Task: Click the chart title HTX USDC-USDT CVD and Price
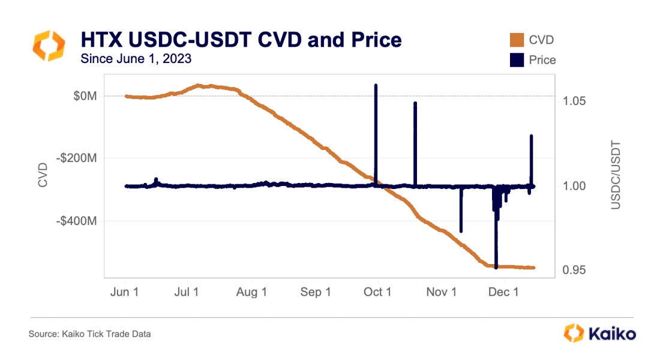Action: [241, 40]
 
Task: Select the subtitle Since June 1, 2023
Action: [136, 59]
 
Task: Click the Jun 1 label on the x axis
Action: [126, 292]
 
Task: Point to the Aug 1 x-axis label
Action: [252, 292]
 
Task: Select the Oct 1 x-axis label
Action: [378, 292]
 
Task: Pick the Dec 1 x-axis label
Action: [504, 292]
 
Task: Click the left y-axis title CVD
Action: [43, 174]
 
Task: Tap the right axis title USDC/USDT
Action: [616, 175]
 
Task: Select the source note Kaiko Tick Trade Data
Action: [90, 334]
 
